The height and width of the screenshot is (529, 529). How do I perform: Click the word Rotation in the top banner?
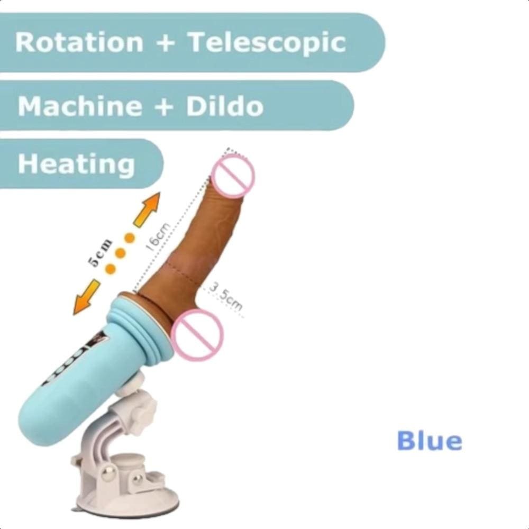79,42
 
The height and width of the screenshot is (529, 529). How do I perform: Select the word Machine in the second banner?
80,105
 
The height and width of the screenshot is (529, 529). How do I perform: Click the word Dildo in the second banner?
225,105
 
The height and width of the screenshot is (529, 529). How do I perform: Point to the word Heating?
76,165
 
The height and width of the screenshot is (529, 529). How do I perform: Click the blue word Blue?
430,440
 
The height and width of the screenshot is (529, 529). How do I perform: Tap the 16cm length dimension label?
158,238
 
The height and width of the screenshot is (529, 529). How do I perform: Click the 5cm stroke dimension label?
99,253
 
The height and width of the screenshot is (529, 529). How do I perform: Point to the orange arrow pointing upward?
147,209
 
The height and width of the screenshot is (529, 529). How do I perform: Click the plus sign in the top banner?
166,43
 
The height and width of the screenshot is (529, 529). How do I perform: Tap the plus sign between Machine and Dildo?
165,107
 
